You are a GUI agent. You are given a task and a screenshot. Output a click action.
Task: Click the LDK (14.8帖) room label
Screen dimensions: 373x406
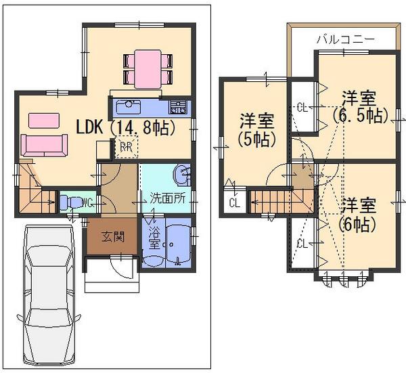tap(126, 127)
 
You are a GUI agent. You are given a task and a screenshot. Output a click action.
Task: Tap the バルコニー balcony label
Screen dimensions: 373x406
tap(345, 39)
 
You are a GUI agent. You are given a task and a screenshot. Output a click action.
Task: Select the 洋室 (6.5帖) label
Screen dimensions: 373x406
tap(359, 106)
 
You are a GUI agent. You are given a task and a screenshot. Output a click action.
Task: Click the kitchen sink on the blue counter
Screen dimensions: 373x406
tap(127, 107)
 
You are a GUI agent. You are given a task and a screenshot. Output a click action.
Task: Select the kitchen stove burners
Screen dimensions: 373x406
tap(178, 106)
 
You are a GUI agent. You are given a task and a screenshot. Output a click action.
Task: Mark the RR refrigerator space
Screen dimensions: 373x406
tap(126, 146)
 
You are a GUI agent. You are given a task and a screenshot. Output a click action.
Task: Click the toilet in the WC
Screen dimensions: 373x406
tap(70, 202)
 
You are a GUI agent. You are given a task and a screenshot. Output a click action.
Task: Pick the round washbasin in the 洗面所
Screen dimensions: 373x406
tap(182, 176)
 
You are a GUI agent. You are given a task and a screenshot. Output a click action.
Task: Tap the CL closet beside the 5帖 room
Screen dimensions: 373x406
tap(233, 202)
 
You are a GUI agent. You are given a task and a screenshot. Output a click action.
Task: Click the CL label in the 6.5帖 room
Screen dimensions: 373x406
tap(302, 106)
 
